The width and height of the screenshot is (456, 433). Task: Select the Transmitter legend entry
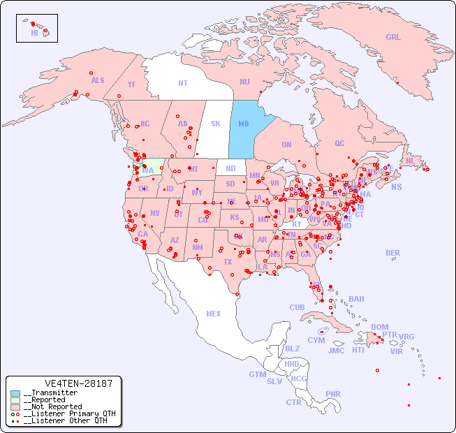(x=50, y=393)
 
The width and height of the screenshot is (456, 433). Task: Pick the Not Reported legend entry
(x=52, y=406)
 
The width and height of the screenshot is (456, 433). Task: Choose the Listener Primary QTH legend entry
(x=64, y=413)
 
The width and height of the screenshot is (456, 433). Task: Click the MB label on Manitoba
(x=244, y=124)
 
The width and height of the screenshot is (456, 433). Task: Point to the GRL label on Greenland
(x=393, y=38)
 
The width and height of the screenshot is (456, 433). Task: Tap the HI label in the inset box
(x=34, y=33)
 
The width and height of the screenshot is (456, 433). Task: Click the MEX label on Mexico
(x=214, y=314)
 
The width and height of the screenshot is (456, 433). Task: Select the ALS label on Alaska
(x=98, y=80)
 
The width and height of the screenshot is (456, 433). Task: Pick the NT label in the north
(x=183, y=83)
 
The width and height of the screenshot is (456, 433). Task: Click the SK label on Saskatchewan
(x=216, y=124)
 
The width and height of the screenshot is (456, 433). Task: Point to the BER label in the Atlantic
(x=392, y=253)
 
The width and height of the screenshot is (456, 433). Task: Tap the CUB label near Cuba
(x=297, y=307)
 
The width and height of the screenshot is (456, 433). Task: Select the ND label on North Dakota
(x=230, y=168)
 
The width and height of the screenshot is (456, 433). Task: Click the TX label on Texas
(x=227, y=263)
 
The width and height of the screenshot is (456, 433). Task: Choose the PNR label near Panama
(x=333, y=394)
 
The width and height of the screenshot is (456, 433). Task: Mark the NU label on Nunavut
(x=244, y=82)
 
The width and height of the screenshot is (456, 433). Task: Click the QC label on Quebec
(x=339, y=143)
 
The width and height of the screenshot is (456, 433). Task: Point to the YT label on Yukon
(x=131, y=85)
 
